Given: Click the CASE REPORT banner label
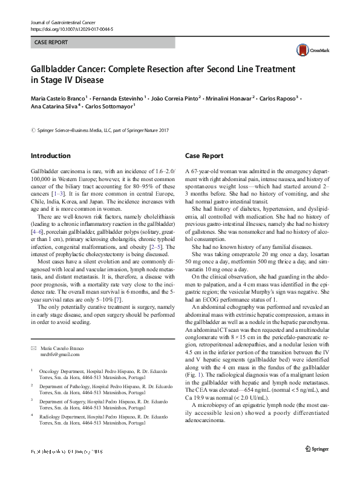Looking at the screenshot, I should coord(50,43).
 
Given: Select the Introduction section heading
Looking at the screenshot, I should coord(50,156).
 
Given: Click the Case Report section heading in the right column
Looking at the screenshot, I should coord(205,156).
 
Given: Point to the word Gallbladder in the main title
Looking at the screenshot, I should coord(58,70).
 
